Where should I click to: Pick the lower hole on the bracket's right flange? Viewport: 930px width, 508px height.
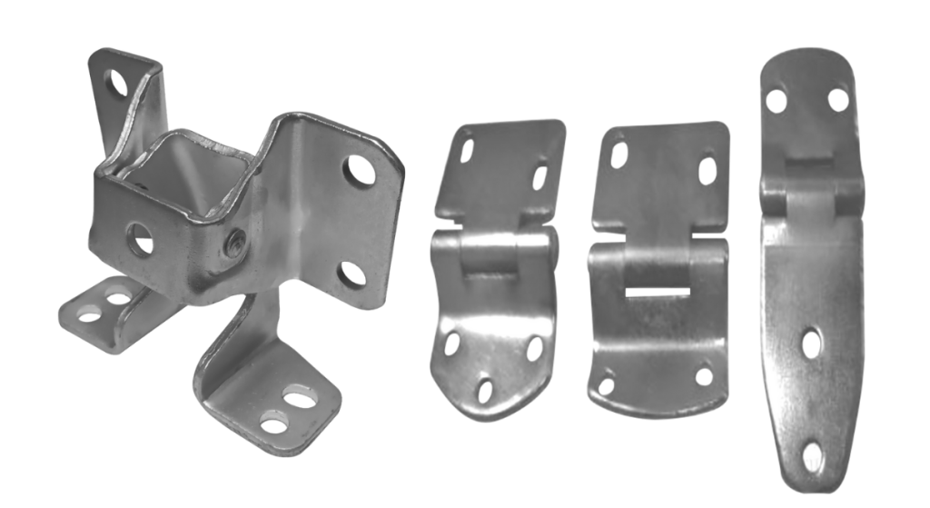351,274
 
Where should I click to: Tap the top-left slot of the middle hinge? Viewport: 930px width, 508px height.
619,155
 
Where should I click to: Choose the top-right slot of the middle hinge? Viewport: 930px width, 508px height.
707,172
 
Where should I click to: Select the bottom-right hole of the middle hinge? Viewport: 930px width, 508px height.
704,375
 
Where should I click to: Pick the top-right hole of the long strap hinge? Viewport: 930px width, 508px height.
837,97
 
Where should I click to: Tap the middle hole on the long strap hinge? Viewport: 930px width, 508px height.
812,344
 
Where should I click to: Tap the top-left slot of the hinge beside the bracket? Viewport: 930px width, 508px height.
468,145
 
